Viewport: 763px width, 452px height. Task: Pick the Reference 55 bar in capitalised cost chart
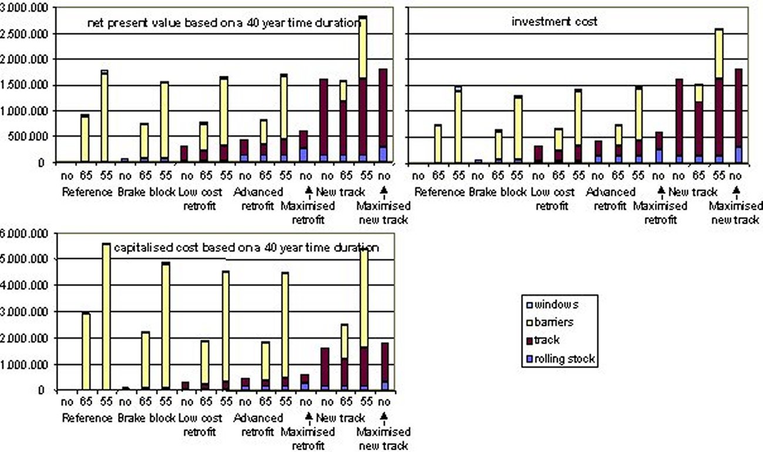point(106,317)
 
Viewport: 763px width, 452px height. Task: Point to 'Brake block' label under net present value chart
point(146,191)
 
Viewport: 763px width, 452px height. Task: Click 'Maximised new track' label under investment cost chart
point(736,213)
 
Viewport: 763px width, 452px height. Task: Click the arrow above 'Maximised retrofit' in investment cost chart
point(660,191)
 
